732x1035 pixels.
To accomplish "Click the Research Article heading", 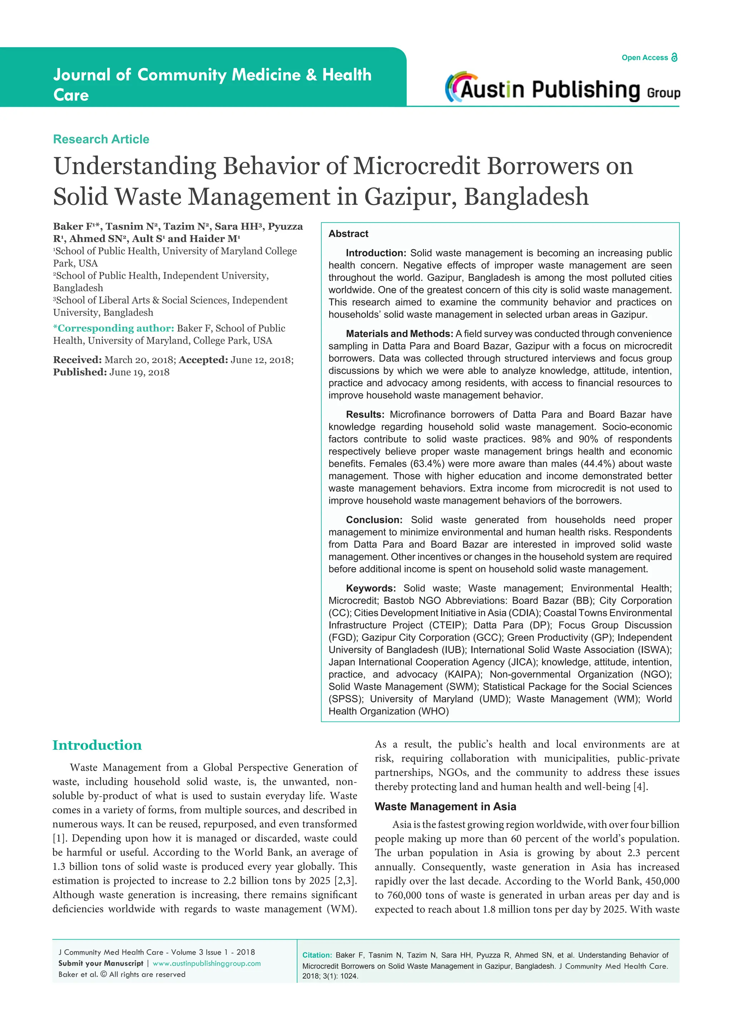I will point(101,139).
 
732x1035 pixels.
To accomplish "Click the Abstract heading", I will point(348,233).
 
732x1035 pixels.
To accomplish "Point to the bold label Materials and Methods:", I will point(399,333).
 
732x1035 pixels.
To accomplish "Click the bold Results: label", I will point(365,414).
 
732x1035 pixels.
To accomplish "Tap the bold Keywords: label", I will point(371,588).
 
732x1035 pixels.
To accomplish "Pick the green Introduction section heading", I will point(97,745).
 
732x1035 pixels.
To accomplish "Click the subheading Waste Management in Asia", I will point(445,807).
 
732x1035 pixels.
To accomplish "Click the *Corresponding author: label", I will point(114,328).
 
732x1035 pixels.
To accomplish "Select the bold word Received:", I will point(77,360).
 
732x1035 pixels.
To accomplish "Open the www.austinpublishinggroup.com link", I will point(207,963).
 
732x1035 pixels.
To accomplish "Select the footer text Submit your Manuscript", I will point(100,963).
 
